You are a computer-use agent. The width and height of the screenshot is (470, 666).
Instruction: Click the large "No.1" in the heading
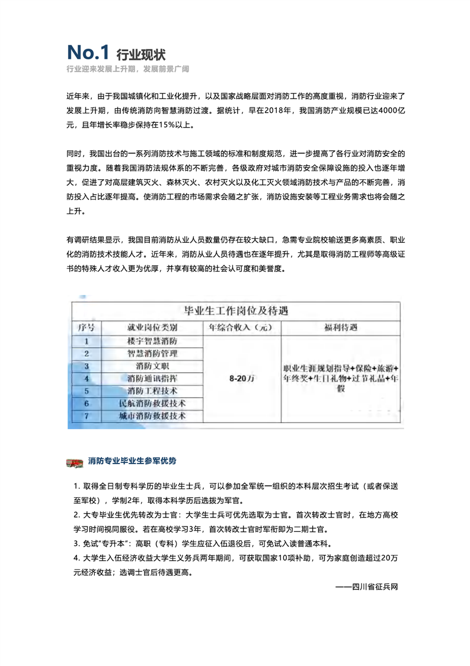(x=88, y=53)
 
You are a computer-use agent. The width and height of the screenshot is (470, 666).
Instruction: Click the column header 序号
(x=87, y=328)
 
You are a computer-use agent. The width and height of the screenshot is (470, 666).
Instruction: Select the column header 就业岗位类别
(x=152, y=328)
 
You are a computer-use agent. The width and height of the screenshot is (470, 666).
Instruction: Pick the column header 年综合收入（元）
(x=241, y=328)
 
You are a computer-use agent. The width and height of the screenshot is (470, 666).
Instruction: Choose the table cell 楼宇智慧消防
(x=152, y=341)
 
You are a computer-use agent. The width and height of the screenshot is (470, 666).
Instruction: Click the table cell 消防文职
(x=152, y=366)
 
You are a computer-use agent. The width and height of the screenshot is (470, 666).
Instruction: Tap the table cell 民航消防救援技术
(x=152, y=404)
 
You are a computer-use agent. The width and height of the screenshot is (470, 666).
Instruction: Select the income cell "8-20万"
(x=241, y=379)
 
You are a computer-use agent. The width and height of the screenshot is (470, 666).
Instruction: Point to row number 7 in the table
(x=87, y=416)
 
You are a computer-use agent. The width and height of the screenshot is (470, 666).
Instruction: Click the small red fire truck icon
(x=75, y=461)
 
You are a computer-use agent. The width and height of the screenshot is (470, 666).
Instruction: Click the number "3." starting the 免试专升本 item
(x=77, y=543)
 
